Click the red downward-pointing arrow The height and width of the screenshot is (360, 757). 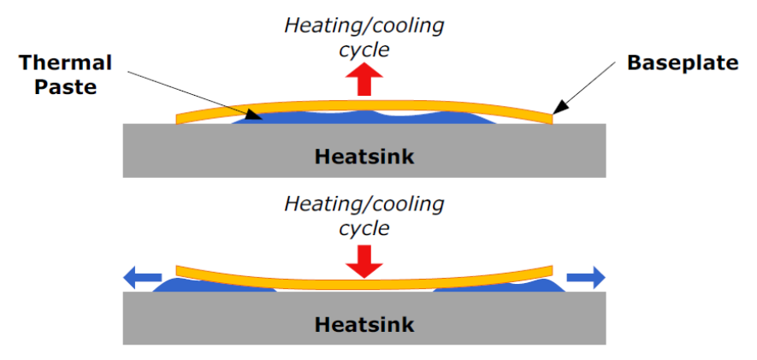pos(364,262)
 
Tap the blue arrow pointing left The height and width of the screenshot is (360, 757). pos(143,277)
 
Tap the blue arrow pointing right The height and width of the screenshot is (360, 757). pos(586,277)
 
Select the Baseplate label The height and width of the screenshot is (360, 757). pos(683,63)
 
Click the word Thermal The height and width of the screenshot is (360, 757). pos(66,63)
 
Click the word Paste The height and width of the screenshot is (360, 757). pos(66,87)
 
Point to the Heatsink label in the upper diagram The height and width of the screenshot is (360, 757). pos(364,156)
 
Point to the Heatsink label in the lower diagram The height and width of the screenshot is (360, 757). pos(364,324)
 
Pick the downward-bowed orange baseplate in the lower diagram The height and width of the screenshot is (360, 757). pos(364,284)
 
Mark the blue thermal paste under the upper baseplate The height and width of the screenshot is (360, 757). pos(364,118)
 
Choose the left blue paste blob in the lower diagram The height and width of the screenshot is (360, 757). pos(215,286)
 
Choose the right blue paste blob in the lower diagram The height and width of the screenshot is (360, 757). pos(500,286)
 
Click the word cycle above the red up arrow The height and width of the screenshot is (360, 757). pos(364,50)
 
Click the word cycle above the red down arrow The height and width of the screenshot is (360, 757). pos(364,228)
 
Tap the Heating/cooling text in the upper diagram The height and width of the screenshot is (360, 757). pos(364,26)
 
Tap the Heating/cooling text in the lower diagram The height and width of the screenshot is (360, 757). pos(364,204)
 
